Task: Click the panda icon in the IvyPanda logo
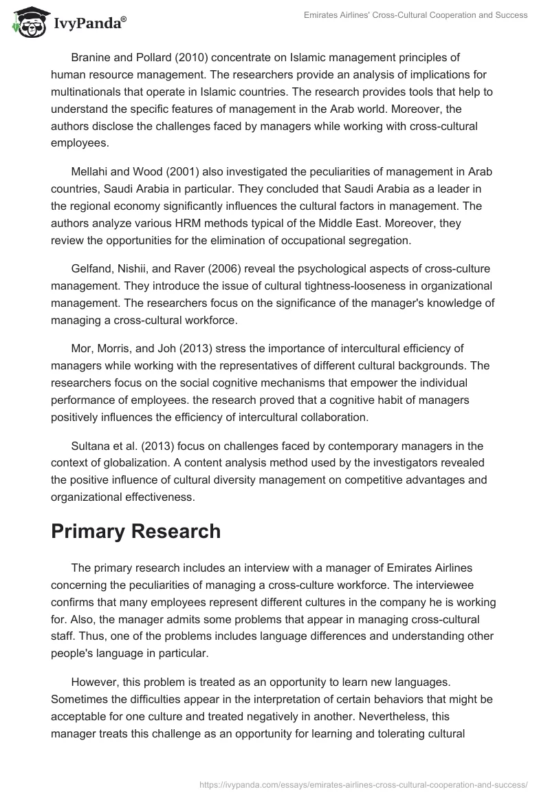pyautogui.click(x=27, y=23)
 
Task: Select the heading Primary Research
pyautogui.click(x=135, y=531)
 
